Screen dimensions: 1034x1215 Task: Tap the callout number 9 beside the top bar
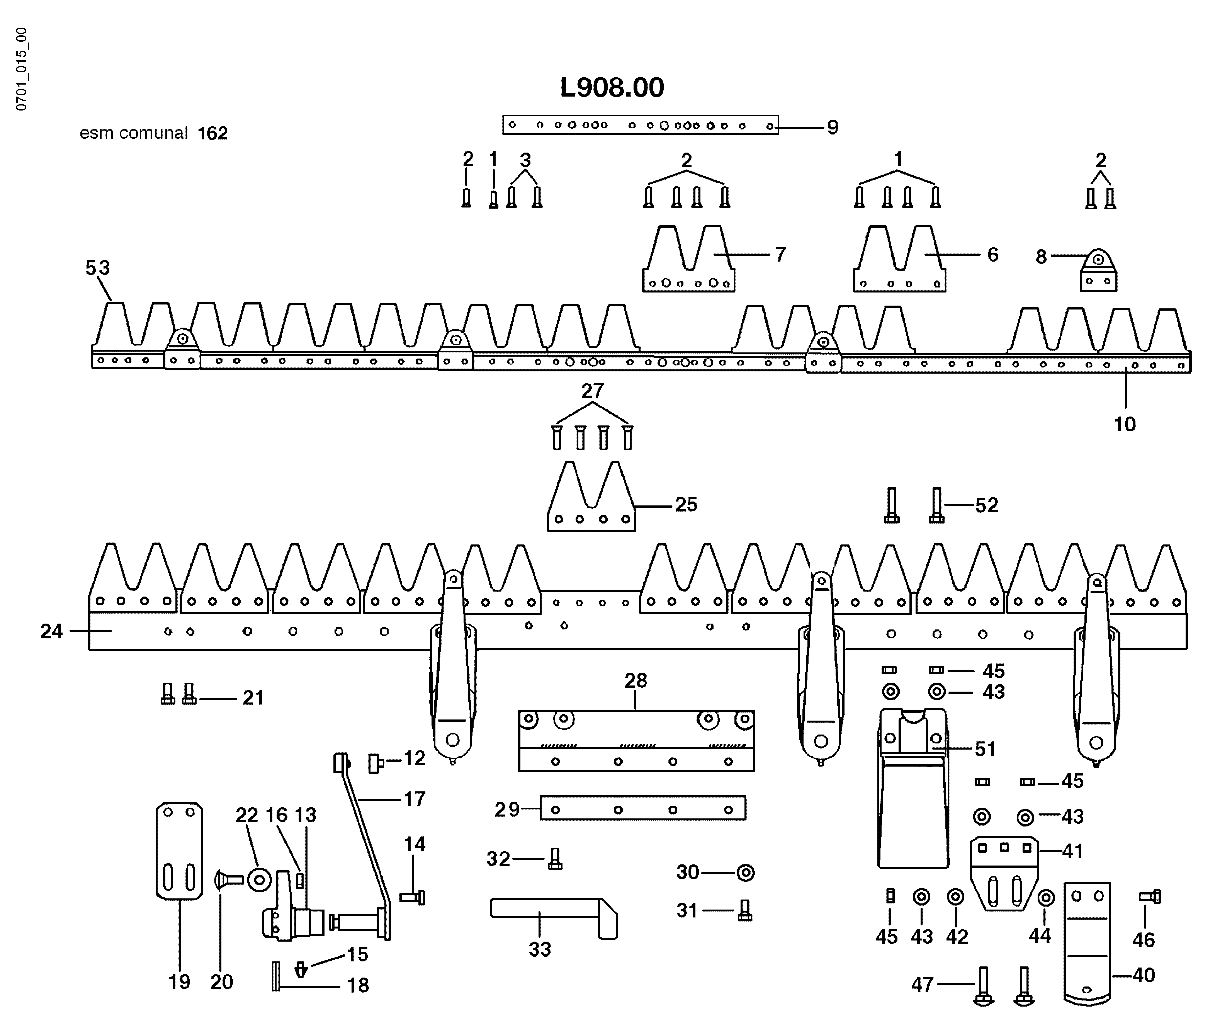[x=832, y=127]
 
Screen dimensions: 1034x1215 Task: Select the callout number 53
[x=97, y=268]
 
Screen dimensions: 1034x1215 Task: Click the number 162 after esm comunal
[x=212, y=134]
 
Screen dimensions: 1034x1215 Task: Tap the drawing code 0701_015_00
[x=21, y=69]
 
